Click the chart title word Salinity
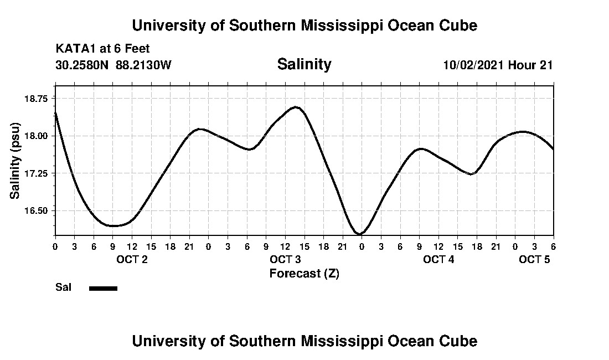pos(304,64)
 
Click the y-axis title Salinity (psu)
pos(15,161)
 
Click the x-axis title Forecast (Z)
pos(304,273)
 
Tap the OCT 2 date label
pos(132,259)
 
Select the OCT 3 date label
pos(285,259)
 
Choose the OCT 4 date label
pos(438,259)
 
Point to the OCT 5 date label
pos(534,259)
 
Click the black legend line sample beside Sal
pos(104,288)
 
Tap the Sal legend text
pos(62,287)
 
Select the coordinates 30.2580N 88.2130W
pos(113,65)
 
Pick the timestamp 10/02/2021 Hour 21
pos(498,65)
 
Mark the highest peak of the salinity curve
pos(296,107)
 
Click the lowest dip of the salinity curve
pos(360,234)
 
